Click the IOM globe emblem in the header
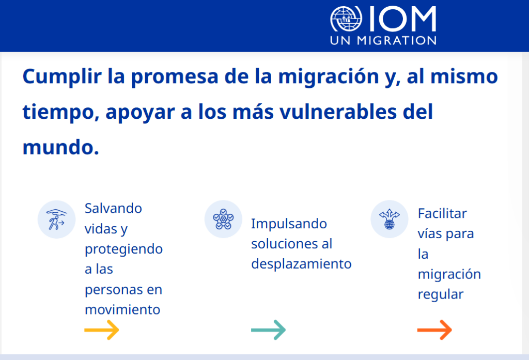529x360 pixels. click(x=346, y=19)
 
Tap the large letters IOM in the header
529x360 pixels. click(x=403, y=19)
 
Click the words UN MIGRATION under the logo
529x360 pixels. click(x=383, y=40)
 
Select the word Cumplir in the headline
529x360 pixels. click(x=62, y=77)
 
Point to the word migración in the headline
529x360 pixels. click(x=329, y=77)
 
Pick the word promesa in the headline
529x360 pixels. click(x=175, y=77)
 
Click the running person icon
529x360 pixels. click(x=56, y=220)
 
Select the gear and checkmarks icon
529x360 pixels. click(x=223, y=220)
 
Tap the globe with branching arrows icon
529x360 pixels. click(x=390, y=220)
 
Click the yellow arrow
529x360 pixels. click(x=102, y=330)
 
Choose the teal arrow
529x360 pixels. click(x=268, y=330)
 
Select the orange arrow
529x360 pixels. click(x=434, y=330)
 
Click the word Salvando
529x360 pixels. click(x=113, y=209)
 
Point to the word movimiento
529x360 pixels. click(x=122, y=310)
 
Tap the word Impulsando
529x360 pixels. click(x=289, y=224)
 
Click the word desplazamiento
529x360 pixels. click(x=301, y=264)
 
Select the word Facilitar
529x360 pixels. click(x=442, y=213)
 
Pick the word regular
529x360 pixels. click(x=441, y=294)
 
